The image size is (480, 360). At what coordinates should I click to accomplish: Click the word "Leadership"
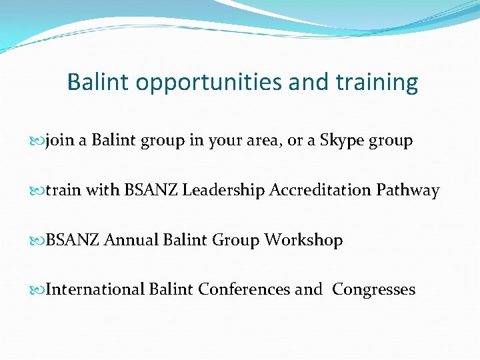(224, 191)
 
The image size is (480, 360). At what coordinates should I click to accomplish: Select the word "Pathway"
(407, 191)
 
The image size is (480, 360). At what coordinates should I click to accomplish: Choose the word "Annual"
(131, 240)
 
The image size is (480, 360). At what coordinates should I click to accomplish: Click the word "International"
(96, 289)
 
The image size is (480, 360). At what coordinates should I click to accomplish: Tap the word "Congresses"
(373, 289)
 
